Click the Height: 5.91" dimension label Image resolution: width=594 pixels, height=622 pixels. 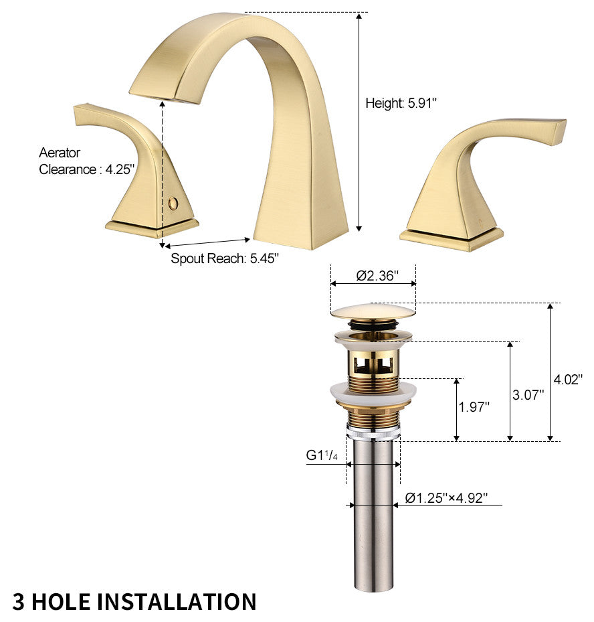coord(401,103)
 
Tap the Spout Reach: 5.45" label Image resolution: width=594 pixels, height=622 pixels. coord(225,258)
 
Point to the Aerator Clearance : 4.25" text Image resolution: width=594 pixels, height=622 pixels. coord(87,161)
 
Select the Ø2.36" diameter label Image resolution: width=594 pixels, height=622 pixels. coord(377,275)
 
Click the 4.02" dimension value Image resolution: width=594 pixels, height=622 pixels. coord(568,380)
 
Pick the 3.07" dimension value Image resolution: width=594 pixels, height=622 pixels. coord(528,395)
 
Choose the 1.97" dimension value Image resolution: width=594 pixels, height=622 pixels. coord(474,406)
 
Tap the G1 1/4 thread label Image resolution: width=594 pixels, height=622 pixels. coord(322,455)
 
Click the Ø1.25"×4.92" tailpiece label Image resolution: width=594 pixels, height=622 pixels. coord(446,497)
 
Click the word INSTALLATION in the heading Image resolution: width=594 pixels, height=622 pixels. coord(177,601)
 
